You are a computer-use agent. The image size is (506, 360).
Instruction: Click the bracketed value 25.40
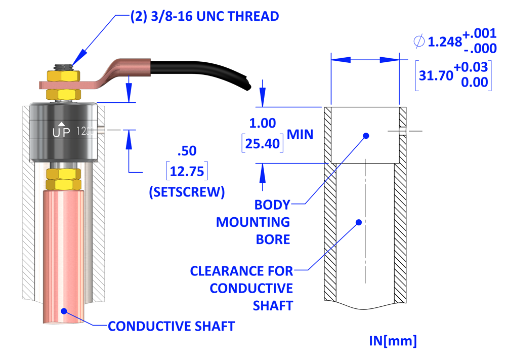pos(263,144)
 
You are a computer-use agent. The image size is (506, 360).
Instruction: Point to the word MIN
pos(300,134)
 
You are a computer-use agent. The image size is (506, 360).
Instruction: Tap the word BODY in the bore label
pos(272,205)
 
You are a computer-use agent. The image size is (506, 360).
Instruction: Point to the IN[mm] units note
pos(392,341)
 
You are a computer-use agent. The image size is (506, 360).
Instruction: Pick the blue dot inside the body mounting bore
pos(366,136)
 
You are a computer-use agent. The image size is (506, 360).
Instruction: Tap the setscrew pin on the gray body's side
pos(103,131)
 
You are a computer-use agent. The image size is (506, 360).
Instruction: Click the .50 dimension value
pos(187,151)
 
